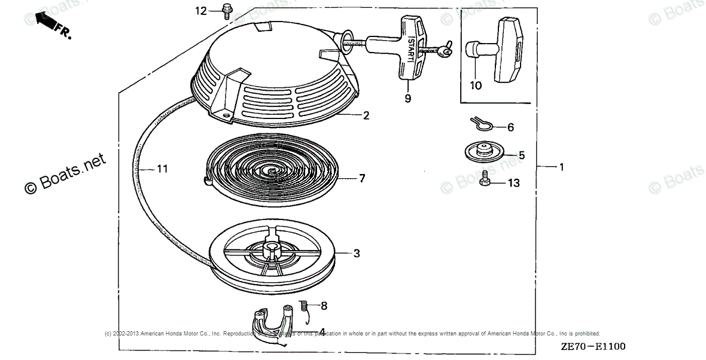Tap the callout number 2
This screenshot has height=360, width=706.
click(x=366, y=115)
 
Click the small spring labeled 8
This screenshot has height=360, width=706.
click(x=303, y=306)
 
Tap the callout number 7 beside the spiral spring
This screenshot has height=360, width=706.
click(x=362, y=178)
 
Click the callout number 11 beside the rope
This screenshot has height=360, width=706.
click(x=162, y=169)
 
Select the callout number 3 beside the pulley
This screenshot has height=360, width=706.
click(x=357, y=254)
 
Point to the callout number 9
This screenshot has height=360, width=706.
click(x=407, y=99)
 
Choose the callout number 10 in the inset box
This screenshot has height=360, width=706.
click(x=475, y=86)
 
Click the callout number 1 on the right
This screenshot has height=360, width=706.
click(x=561, y=167)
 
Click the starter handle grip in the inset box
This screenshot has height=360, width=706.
click(x=510, y=48)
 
